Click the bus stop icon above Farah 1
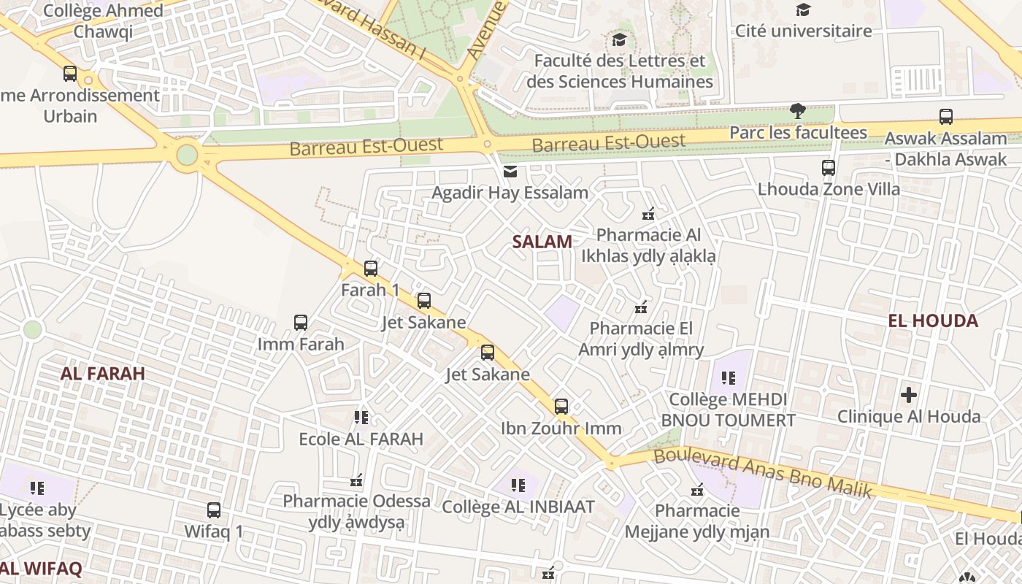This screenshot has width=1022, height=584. click(x=371, y=268)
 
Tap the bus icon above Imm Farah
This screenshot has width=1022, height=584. click(x=300, y=322)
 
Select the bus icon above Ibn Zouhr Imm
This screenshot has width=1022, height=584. click(x=561, y=407)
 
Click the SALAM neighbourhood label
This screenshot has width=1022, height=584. click(x=542, y=242)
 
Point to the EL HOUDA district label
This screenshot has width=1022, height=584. click(x=932, y=320)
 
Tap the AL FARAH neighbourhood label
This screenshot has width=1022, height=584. click(x=102, y=374)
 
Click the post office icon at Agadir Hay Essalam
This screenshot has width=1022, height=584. click(x=510, y=172)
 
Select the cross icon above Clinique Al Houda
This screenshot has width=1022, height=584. click(x=908, y=395)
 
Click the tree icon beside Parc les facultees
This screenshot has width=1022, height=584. click(x=798, y=111)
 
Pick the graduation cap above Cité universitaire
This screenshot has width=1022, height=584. click(x=803, y=9)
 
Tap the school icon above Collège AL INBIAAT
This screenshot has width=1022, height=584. click(x=518, y=485)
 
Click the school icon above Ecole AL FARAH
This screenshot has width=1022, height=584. click(x=361, y=418)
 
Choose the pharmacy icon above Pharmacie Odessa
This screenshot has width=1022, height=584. click(x=356, y=480)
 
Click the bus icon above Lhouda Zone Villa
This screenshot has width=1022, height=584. click(x=828, y=167)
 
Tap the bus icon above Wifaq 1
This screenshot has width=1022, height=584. click(x=213, y=510)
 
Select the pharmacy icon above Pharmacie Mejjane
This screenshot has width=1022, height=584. click(x=697, y=489)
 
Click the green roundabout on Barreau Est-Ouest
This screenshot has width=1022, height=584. click(x=187, y=155)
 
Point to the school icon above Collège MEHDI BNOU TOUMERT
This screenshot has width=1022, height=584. click(x=728, y=378)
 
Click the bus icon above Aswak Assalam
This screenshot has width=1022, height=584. click(x=945, y=116)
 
